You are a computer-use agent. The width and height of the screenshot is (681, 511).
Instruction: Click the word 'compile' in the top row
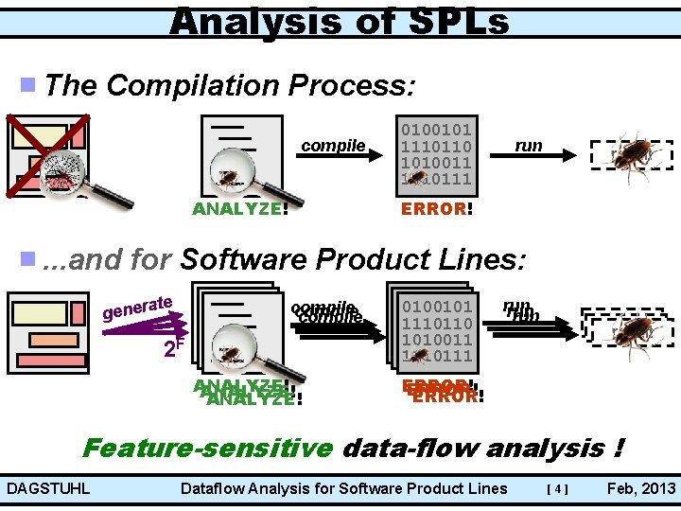(x=333, y=145)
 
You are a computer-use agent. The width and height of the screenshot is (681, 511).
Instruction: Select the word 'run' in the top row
(x=528, y=145)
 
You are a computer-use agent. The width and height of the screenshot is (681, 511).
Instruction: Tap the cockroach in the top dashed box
(x=630, y=152)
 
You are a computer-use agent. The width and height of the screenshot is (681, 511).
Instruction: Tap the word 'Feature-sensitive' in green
(x=207, y=447)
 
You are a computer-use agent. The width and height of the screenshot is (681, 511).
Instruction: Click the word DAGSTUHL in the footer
(x=47, y=489)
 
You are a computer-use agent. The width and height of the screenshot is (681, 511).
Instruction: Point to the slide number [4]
(x=558, y=489)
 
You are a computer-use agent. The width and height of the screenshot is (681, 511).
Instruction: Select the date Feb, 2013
(x=641, y=489)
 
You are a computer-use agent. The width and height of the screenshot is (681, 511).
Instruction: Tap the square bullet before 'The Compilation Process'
(x=28, y=86)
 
